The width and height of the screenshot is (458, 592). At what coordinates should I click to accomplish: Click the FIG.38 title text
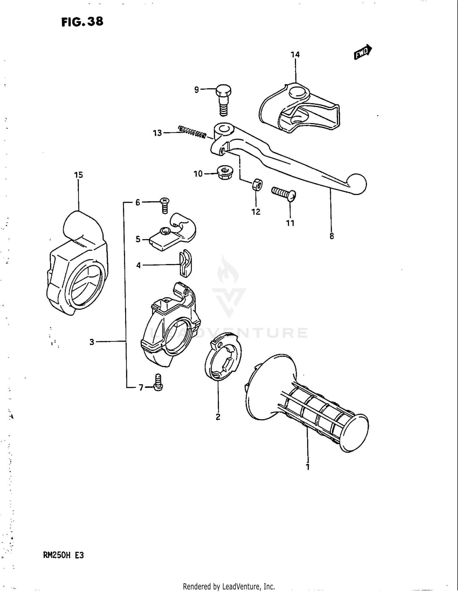(x=82, y=22)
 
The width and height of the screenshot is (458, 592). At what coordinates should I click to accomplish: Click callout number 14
(x=295, y=55)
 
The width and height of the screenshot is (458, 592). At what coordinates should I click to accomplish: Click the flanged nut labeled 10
(x=224, y=174)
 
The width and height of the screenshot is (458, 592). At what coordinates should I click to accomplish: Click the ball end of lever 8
(x=356, y=184)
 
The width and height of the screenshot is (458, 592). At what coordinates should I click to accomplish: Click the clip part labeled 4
(x=185, y=263)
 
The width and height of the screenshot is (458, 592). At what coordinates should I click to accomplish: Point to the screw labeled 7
(x=158, y=383)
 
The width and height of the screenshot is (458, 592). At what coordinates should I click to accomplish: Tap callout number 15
(x=78, y=175)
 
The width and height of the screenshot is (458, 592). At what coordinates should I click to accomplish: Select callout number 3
(x=92, y=342)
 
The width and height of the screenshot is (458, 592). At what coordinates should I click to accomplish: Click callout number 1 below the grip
(x=308, y=467)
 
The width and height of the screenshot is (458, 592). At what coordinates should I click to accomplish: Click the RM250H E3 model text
(x=64, y=555)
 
